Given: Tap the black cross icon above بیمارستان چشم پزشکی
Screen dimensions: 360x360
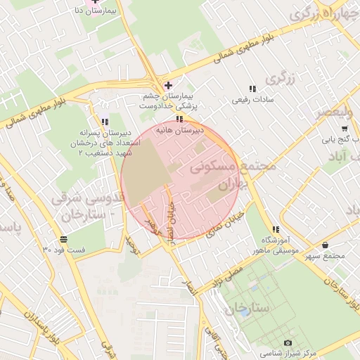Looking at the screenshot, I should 167,85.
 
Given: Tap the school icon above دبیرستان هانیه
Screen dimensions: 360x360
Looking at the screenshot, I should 180,119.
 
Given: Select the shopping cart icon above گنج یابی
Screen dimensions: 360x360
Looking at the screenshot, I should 344,129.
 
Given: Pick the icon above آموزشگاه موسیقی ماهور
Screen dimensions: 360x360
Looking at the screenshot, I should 276,229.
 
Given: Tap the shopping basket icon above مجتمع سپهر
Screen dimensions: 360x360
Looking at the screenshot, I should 325,245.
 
